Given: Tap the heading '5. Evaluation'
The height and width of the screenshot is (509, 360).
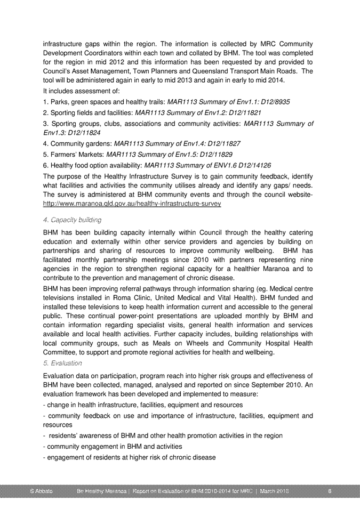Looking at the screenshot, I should click(62, 363).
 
